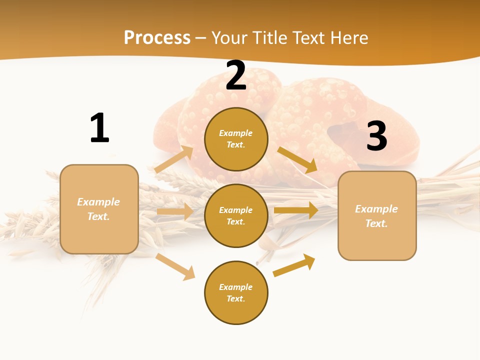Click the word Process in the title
tap(157, 38)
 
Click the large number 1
tap(99, 128)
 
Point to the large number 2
tap(236, 76)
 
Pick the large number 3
tap(376, 136)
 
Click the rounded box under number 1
tap(99, 209)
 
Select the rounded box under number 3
tap(377, 215)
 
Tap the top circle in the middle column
tap(236, 139)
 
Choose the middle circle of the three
tap(236, 215)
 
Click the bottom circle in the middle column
tap(236, 292)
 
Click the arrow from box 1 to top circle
tap(173, 159)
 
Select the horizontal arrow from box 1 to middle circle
tap(175, 212)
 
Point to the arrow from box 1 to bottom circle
tap(175, 266)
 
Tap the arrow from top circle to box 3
tap(297, 159)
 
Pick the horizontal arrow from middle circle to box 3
tap(296, 210)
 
